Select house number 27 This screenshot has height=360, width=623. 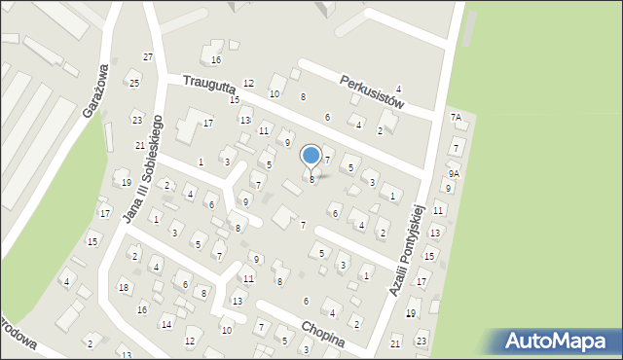(x=148, y=57)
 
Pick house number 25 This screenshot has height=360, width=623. (x=133, y=83)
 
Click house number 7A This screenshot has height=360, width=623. (x=455, y=117)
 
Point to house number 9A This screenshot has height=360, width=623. (x=454, y=173)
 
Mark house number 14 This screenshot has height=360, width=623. (x=166, y=324)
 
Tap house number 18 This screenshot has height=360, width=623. (x=124, y=287)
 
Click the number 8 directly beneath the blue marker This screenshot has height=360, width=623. (x=311, y=179)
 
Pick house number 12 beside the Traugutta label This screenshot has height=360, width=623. (x=248, y=84)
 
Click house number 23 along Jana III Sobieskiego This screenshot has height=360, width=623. (x=136, y=120)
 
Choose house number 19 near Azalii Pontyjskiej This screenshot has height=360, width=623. (x=411, y=312)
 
